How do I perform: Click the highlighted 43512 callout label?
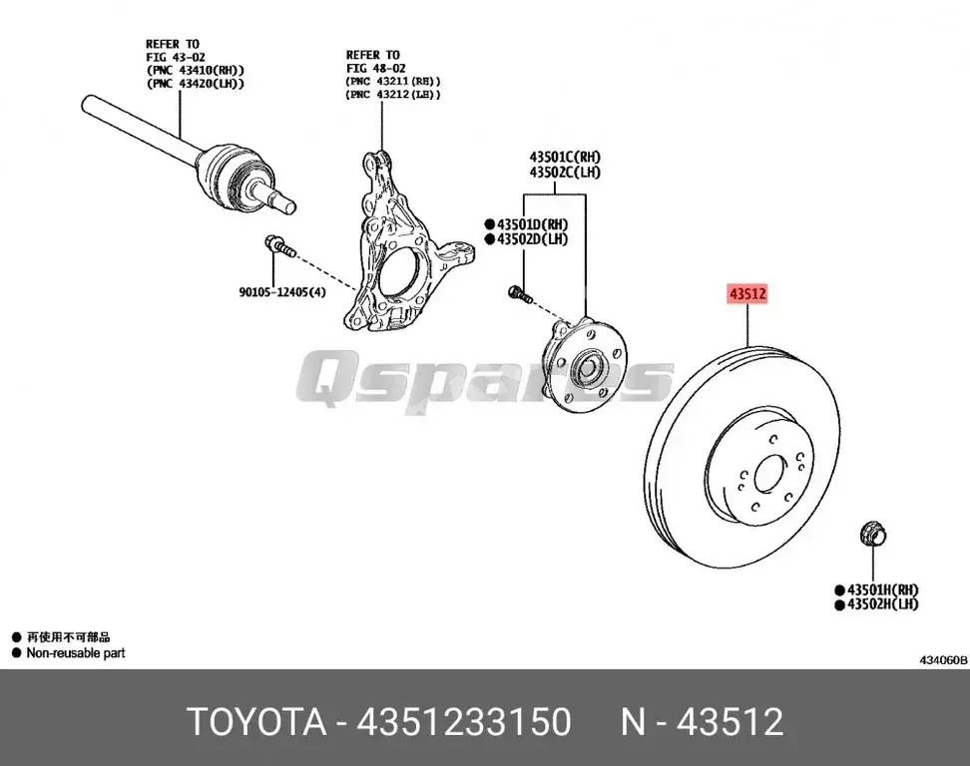tap(746, 295)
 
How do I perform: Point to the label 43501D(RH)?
tap(532, 224)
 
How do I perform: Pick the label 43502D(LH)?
tap(532, 239)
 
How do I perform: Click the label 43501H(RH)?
tap(882, 589)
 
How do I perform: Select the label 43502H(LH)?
tap(882, 604)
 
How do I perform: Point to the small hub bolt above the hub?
tap(516, 293)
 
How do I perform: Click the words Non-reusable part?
tap(76, 653)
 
